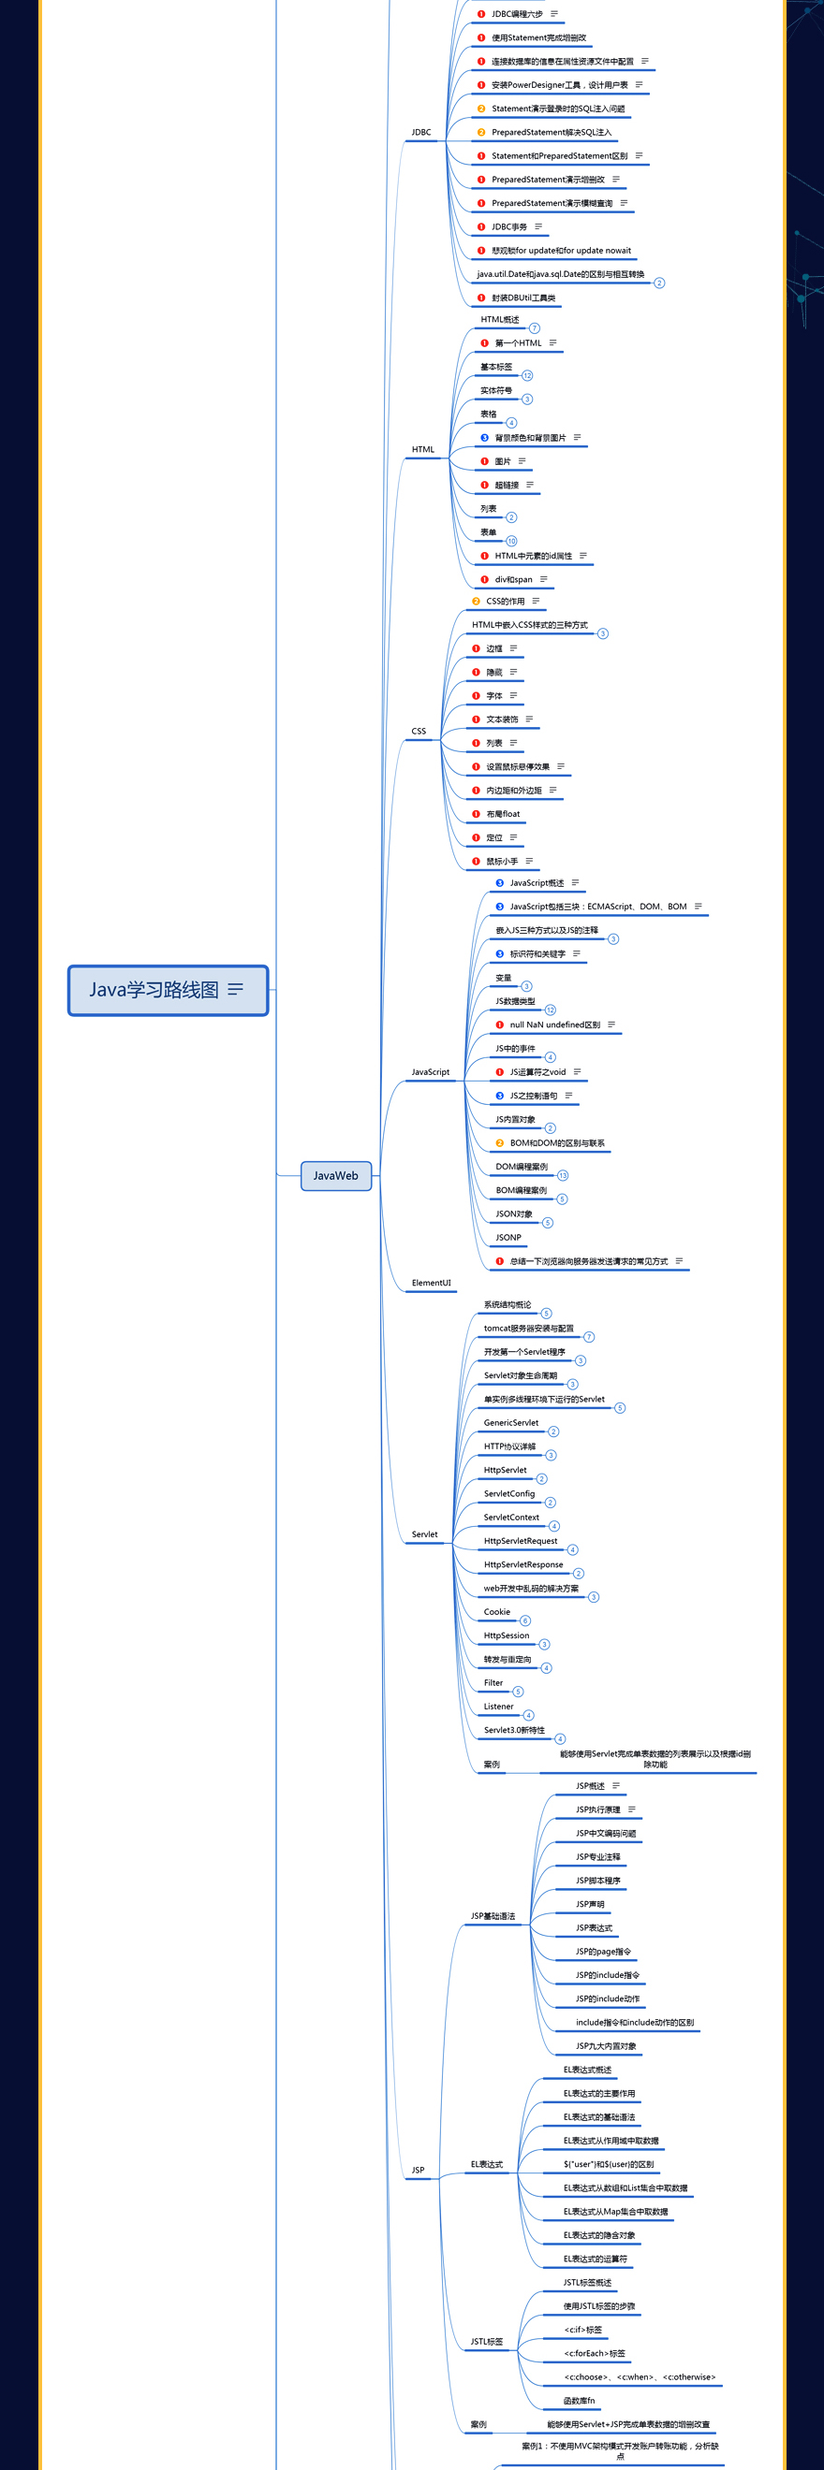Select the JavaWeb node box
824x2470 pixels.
(336, 1175)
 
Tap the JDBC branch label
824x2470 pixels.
(421, 132)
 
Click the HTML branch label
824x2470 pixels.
(423, 450)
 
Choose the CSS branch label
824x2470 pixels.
(419, 732)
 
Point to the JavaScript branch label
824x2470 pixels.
(430, 1072)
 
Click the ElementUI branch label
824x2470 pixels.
(431, 1283)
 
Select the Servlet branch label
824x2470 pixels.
(424, 1534)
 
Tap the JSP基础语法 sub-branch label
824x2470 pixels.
(493, 1916)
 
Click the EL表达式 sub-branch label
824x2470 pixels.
(486, 2164)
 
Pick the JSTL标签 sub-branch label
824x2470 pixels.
(486, 2342)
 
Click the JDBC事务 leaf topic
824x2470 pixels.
(509, 227)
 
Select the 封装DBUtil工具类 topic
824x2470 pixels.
(522, 298)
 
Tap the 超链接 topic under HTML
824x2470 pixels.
(507, 486)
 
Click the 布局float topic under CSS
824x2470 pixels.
(503, 814)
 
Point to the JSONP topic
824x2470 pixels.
(508, 1238)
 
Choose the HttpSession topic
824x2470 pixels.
(507, 1635)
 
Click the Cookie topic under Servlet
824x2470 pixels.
(497, 1612)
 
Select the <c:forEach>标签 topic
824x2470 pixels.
(595, 2353)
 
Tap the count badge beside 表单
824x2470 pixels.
(511, 541)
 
